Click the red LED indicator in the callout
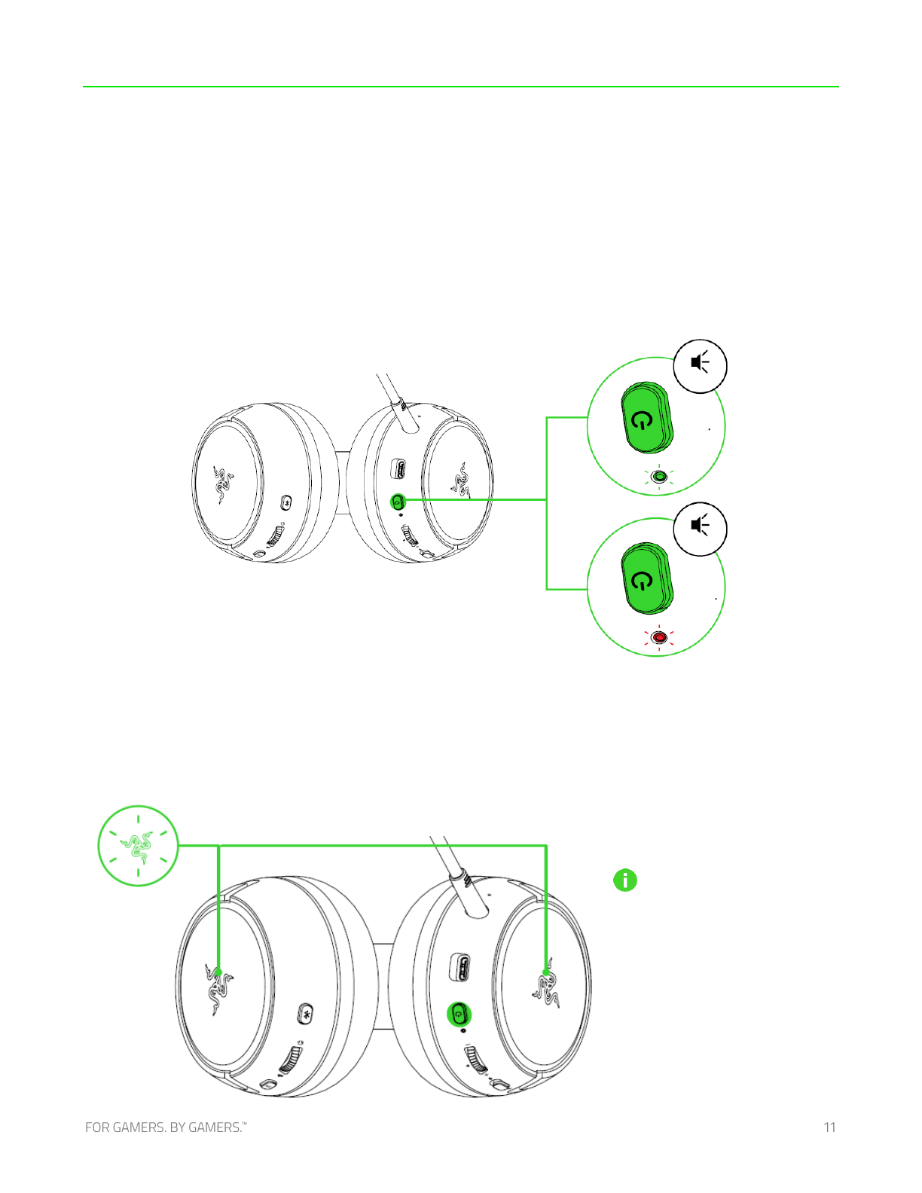658,637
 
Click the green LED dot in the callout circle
658,477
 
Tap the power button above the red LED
647,578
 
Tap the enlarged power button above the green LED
647,418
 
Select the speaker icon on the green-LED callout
700,362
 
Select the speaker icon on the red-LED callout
700,526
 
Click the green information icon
625,880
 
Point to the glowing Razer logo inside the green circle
137,846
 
